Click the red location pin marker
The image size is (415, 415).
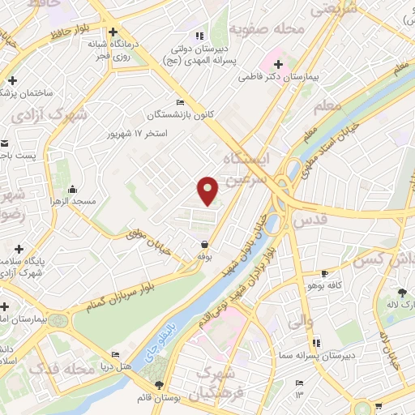(x=208, y=190)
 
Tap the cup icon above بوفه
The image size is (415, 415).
(x=204, y=244)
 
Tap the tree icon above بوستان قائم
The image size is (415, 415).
(x=159, y=386)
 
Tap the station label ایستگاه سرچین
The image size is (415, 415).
(x=248, y=167)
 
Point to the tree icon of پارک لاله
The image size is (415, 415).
(x=402, y=293)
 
